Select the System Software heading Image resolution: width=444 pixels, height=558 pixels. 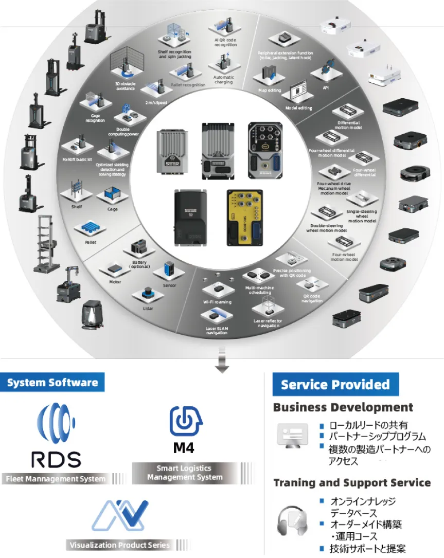pyautogui.click(x=52, y=383)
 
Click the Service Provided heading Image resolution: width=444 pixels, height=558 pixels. pyautogui.click(x=335, y=385)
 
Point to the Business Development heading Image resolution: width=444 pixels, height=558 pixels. pyautogui.click(x=343, y=408)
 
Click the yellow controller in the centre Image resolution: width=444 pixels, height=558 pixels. pyautogui.click(x=245, y=217)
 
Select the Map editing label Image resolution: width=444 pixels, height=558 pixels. pyautogui.click(x=270, y=91)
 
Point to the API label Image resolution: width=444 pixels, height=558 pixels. pyautogui.click(x=326, y=87)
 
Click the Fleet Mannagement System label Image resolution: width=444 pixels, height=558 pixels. pyautogui.click(x=57, y=479)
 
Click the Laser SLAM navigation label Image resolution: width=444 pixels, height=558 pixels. pyautogui.click(x=217, y=330)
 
